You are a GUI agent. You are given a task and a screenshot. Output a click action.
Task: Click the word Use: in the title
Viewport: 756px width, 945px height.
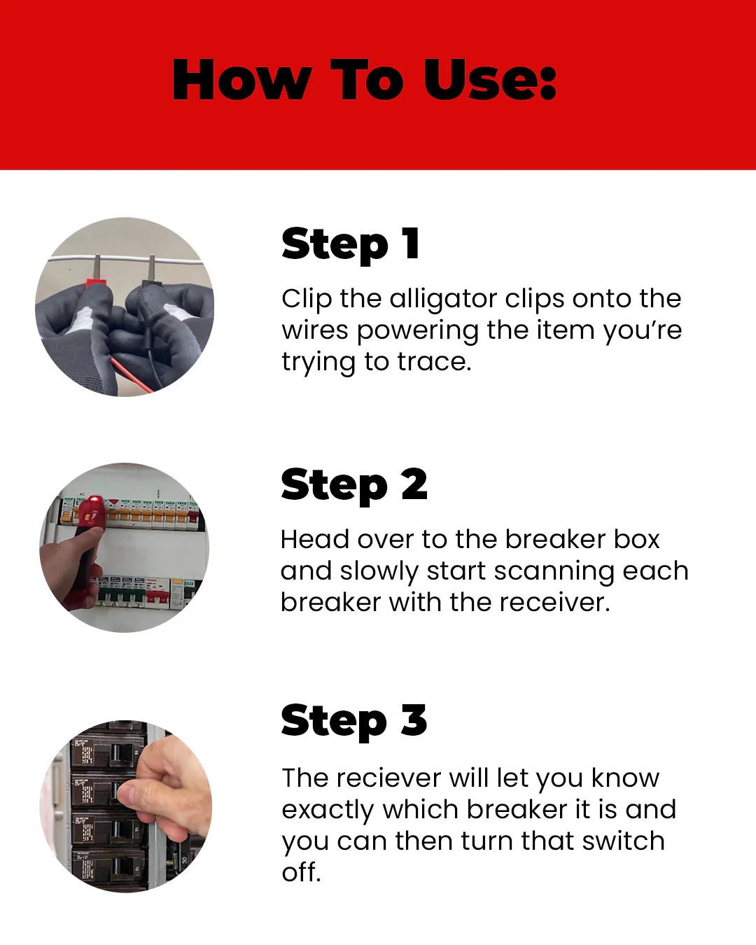490,80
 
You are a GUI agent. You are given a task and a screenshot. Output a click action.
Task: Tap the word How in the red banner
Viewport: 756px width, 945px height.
242,80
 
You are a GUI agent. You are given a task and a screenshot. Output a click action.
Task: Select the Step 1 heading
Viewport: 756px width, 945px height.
350,244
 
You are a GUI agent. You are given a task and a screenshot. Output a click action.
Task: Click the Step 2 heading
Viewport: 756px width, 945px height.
354,485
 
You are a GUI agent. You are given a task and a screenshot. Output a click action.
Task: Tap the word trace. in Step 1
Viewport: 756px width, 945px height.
434,363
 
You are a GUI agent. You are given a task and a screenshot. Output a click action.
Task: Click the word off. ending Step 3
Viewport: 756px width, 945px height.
301,872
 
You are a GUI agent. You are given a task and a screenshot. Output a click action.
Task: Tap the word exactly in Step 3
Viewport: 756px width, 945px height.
328,811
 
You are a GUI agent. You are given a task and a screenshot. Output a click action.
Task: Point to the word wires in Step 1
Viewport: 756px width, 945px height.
315,330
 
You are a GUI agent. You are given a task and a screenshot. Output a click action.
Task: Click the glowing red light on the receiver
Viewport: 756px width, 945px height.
94,499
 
